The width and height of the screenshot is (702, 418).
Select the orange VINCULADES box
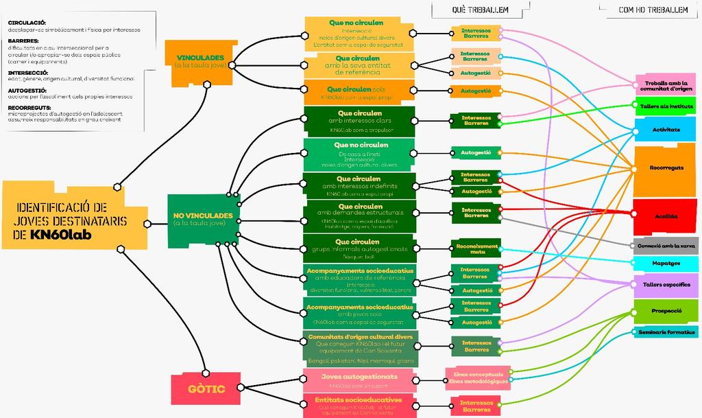point(199,62)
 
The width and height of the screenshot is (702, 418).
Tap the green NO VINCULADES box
point(202,220)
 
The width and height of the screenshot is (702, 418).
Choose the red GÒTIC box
point(206,388)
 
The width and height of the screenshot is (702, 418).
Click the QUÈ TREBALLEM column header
point(479,10)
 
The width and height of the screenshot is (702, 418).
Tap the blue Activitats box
point(665,129)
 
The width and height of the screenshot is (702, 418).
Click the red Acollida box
point(665,216)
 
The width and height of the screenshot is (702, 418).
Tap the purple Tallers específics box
point(666,284)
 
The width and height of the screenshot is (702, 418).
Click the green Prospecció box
point(665,311)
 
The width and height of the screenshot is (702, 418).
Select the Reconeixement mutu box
point(476,248)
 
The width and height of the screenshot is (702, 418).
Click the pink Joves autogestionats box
point(359,380)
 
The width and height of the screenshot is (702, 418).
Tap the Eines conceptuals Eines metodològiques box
point(478,378)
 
